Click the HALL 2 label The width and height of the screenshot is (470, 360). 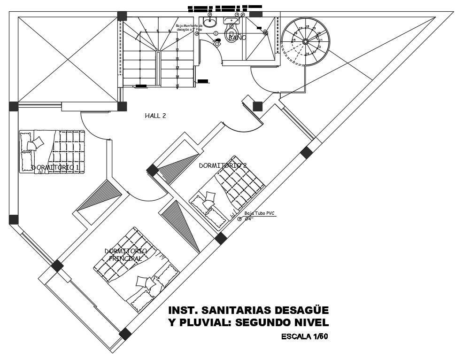[x=155, y=115]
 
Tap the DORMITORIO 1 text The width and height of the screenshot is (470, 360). [x=55, y=167]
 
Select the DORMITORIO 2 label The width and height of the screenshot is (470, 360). [x=223, y=165]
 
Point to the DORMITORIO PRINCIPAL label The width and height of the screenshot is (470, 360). [x=125, y=255]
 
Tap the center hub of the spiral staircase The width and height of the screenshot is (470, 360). [x=305, y=41]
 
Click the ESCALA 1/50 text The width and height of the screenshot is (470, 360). [x=304, y=337]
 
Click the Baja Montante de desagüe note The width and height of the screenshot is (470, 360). [x=189, y=28]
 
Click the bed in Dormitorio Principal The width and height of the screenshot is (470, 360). [x=136, y=271]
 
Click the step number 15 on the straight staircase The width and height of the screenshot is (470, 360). [x=177, y=86]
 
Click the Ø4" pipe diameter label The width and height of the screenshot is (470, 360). [x=249, y=219]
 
